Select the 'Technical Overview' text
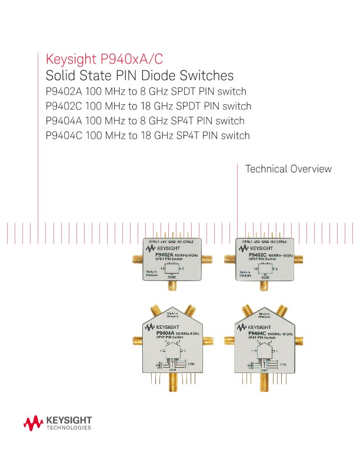(288, 169)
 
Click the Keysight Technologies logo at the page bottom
(58, 422)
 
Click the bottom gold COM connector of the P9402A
(173, 287)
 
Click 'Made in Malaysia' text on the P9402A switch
(152, 273)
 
